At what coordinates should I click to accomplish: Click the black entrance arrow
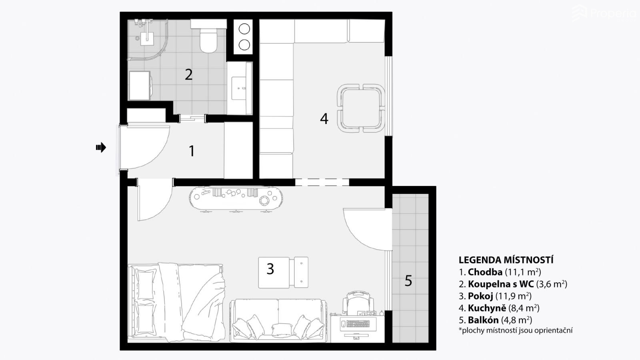tap(101, 148)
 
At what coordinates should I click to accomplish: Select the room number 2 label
tap(188, 74)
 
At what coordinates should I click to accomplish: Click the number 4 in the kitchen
tap(324, 118)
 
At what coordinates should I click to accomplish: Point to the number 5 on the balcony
tap(408, 280)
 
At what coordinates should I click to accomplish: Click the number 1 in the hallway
tap(192, 151)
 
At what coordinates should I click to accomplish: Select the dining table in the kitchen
tap(360, 108)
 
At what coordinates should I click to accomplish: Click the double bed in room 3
tap(176, 302)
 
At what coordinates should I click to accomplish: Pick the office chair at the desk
tap(358, 303)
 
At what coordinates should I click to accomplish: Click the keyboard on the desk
tap(358, 324)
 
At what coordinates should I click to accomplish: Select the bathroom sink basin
tap(239, 88)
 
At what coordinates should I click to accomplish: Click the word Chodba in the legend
tap(485, 272)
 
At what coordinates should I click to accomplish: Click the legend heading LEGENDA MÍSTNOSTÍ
tap(506, 260)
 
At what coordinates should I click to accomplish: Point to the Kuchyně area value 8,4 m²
tap(524, 308)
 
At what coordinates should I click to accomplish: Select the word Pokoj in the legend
tap(480, 296)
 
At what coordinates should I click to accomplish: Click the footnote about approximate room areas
tap(516, 330)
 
